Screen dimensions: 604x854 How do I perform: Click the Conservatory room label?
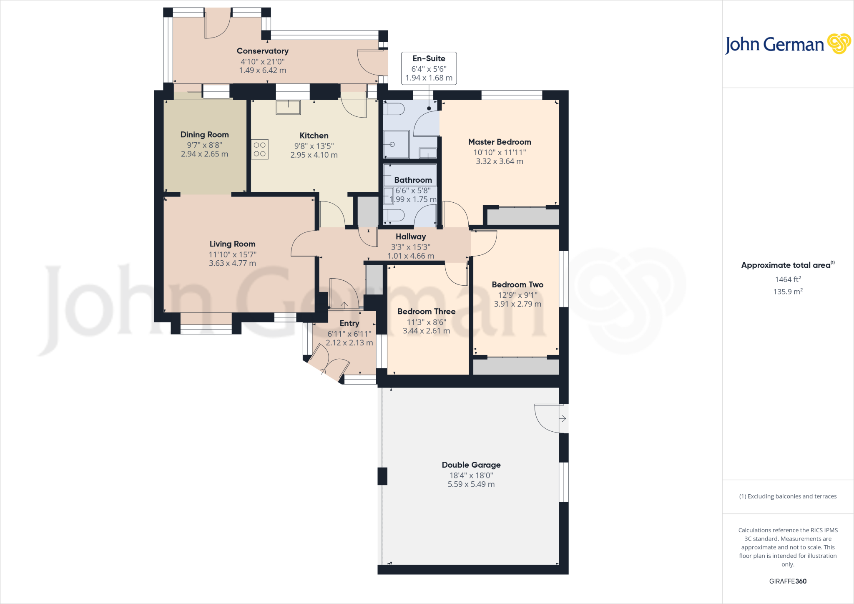pos(262,51)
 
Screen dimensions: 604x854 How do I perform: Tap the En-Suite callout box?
pos(429,68)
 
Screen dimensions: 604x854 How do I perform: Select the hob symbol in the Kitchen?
pos(260,149)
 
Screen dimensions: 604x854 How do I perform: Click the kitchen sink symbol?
pos(288,107)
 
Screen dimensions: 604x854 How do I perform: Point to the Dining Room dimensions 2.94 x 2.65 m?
pos(204,154)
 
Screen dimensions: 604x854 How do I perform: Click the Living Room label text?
pos(232,244)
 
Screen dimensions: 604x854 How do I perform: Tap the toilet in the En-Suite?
pos(394,109)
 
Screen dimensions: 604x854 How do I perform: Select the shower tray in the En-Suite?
pos(396,144)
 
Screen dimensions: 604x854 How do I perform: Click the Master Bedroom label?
pos(499,142)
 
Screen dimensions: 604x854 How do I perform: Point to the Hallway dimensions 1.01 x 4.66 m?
pos(410,256)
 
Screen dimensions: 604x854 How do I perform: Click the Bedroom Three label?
pos(426,312)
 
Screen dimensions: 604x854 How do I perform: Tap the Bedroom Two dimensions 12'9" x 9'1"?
pos(517,295)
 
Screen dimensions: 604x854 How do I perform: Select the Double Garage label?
pos(471,465)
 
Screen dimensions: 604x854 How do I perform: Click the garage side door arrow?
pos(563,418)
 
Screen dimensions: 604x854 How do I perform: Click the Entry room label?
pos(349,323)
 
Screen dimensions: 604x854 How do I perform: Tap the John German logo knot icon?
pos(839,44)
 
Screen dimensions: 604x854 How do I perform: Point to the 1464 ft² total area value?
pos(788,279)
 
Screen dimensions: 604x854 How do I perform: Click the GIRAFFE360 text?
pos(788,581)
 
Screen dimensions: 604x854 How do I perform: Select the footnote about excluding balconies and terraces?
pos(788,496)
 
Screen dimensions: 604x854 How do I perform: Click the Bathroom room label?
pos(413,180)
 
